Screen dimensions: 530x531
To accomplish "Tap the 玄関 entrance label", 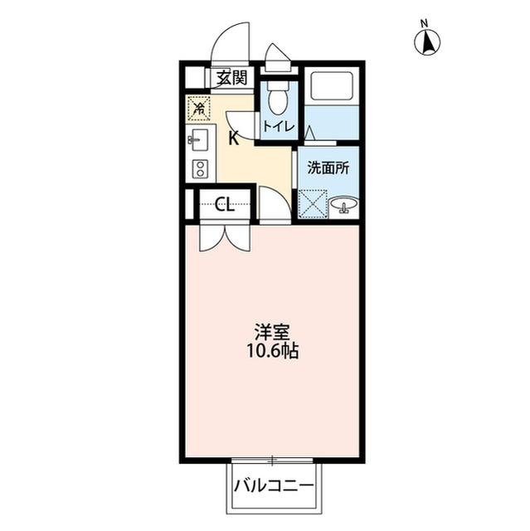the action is [231, 78].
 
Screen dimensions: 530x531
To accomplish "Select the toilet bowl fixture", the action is [279, 98].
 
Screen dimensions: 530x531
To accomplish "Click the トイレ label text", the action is [280, 127].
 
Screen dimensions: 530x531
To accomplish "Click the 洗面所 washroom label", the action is [328, 168].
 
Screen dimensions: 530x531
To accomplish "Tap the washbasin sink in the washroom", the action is [344, 205].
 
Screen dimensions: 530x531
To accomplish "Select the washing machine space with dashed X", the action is [313, 204].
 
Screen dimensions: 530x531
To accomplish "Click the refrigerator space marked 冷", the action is [199, 108].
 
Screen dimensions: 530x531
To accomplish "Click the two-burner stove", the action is [200, 168].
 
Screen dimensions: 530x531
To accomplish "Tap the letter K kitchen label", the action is [233, 139].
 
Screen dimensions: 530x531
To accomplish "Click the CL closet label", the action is [225, 204].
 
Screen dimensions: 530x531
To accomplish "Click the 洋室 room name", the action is [272, 332].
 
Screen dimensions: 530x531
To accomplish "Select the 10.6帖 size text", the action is [272, 351].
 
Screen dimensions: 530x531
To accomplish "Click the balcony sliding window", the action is [272, 460].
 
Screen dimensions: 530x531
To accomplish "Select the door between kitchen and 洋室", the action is [275, 203].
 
